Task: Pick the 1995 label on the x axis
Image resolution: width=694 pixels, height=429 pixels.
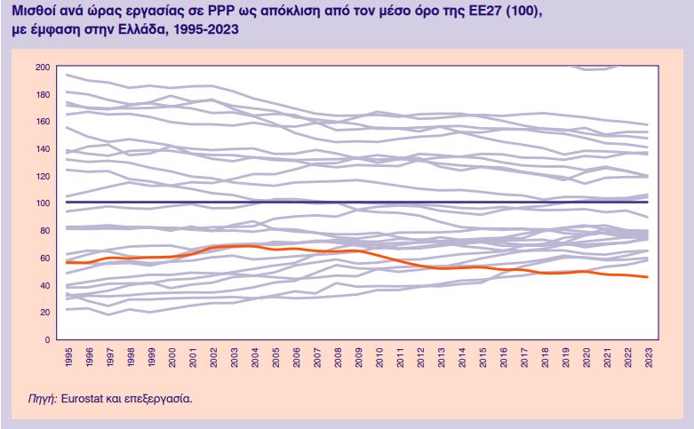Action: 68,356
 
